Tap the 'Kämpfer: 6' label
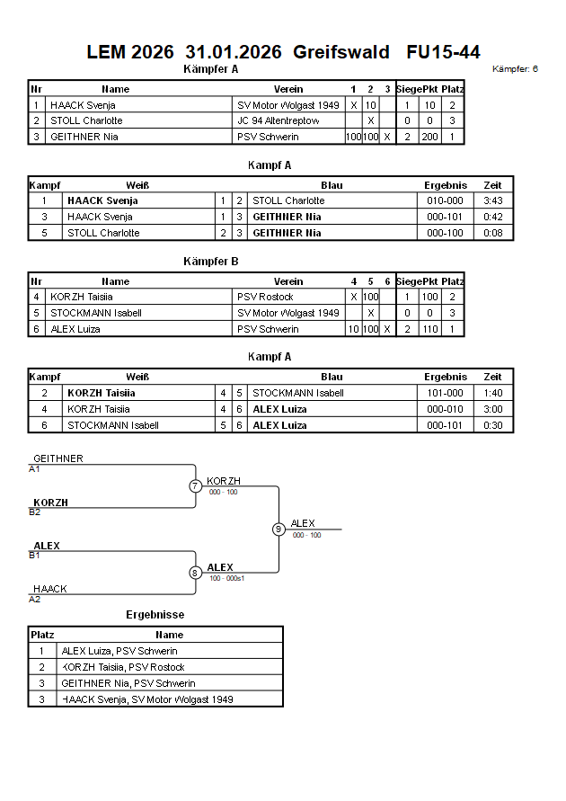(516, 68)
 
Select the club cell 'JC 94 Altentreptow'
(278, 120)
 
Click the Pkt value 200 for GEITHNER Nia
(430, 137)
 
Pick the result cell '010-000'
(446, 200)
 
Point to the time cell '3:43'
(493, 200)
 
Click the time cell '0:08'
(493, 233)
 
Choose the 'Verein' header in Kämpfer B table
(288, 281)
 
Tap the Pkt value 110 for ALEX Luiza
(430, 329)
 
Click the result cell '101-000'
(446, 393)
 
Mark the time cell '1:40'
(493, 393)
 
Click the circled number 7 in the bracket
(195, 486)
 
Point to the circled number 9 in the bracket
(279, 529)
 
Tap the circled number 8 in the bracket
(195, 573)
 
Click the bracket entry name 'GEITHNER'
(58, 459)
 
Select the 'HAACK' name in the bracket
(50, 589)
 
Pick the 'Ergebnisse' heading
(155, 615)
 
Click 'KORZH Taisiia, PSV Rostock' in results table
(123, 667)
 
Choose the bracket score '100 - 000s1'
(227, 578)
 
